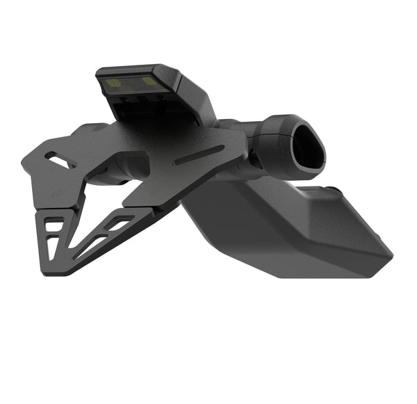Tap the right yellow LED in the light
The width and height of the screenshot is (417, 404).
(x=149, y=81)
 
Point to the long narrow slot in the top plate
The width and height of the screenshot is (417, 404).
(x=199, y=154)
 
